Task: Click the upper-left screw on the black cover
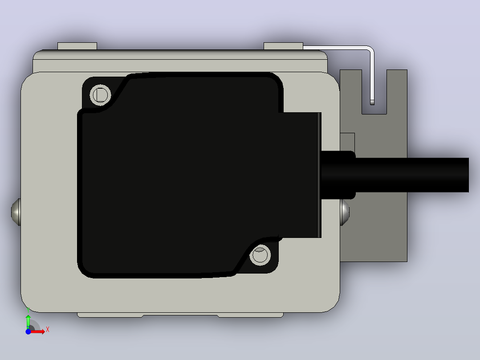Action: point(100,94)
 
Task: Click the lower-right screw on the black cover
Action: point(260,255)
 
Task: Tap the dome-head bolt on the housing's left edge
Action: point(16,212)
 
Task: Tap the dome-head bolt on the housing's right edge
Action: point(345,212)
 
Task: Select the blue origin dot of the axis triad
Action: point(28,331)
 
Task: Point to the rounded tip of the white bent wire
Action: point(372,102)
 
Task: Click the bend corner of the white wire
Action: point(370,49)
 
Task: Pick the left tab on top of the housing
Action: point(77,46)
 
